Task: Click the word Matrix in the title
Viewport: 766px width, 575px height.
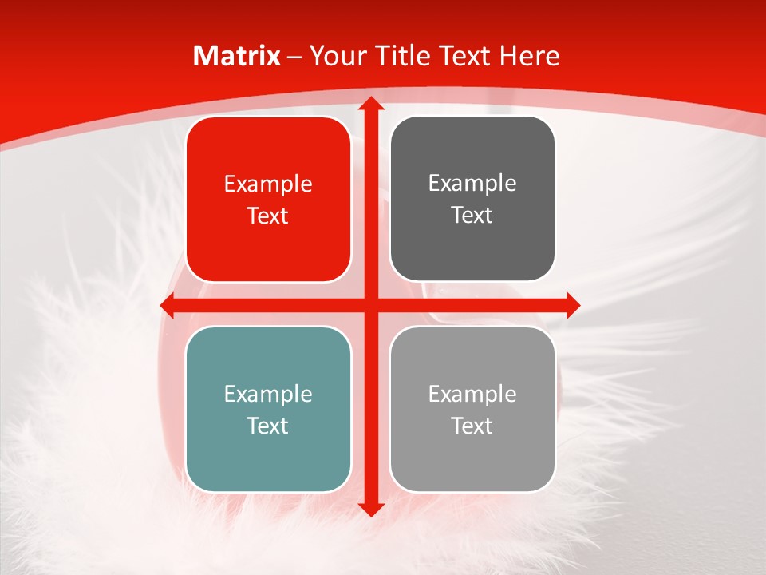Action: [237, 56]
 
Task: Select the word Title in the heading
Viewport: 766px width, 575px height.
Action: [401, 56]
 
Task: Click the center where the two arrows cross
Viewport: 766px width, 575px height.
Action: [369, 304]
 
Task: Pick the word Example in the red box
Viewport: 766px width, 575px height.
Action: [268, 184]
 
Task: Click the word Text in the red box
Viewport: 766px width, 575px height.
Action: [268, 216]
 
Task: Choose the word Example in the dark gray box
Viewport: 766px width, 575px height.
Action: [472, 184]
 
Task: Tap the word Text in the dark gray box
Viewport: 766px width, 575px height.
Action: [472, 216]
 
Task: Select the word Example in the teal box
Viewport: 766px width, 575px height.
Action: [268, 395]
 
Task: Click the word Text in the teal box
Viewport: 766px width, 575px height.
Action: [268, 426]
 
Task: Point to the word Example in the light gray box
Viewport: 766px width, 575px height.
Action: [472, 394]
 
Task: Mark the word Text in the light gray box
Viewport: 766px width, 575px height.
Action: [472, 426]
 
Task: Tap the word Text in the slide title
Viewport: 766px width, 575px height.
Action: [466, 56]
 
